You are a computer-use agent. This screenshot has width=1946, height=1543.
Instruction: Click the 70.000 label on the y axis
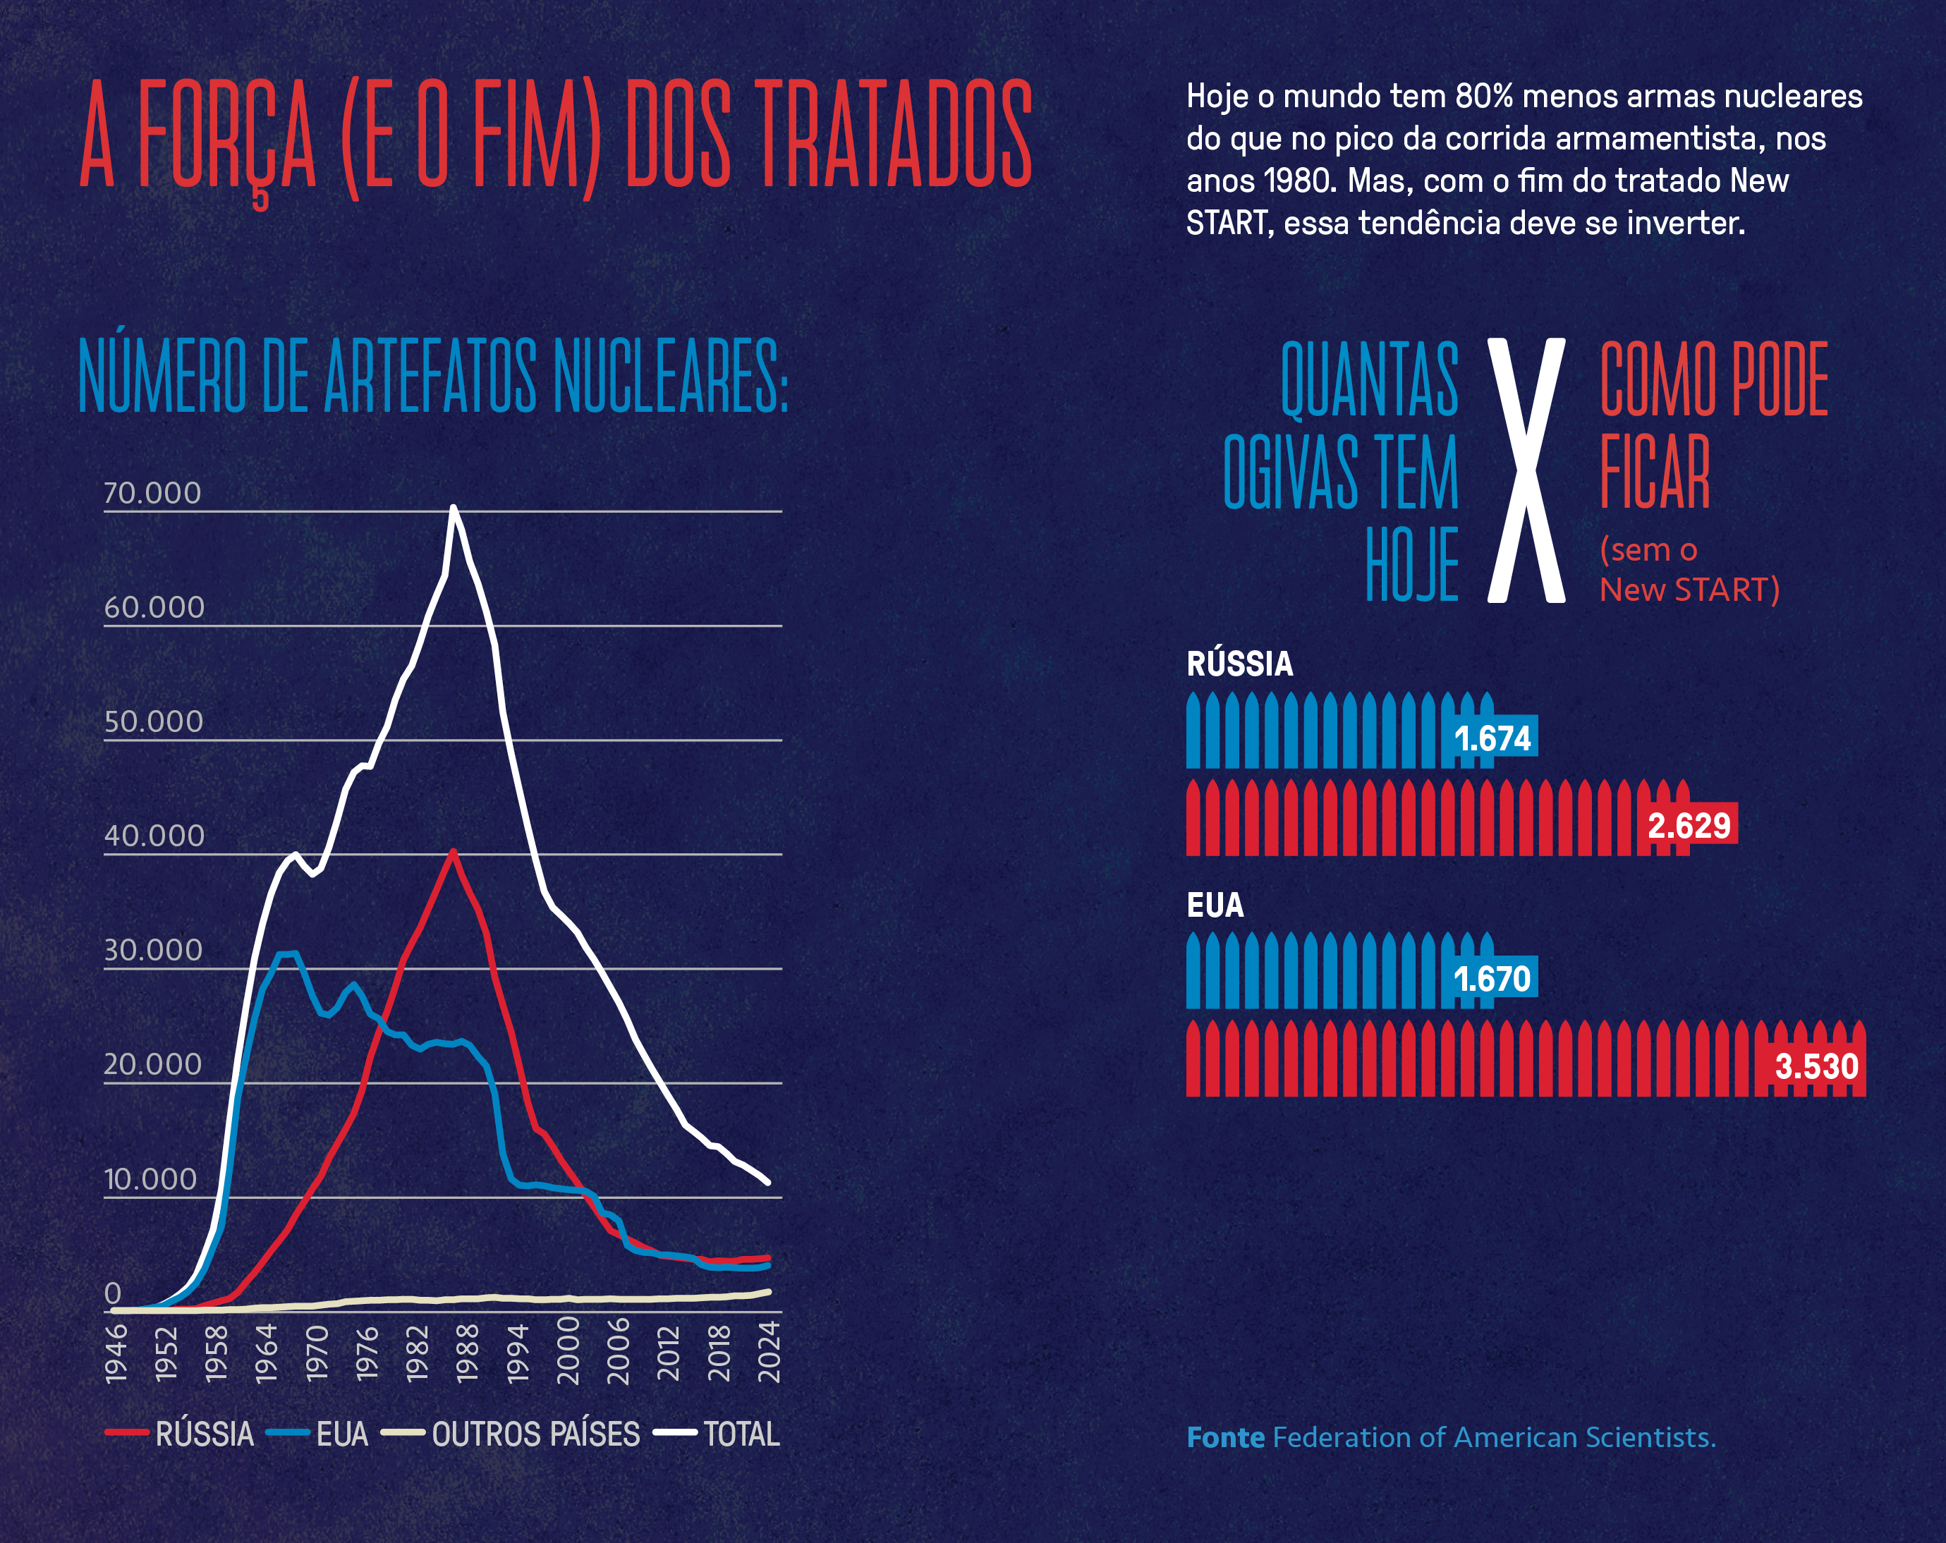(152, 493)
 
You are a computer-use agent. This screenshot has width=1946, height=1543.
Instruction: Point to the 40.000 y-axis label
(154, 836)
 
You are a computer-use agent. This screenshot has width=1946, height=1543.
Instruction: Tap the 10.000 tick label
(150, 1178)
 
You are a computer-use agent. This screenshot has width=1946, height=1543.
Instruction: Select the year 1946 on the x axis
(116, 1353)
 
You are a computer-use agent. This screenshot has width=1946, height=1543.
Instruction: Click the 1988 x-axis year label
(468, 1353)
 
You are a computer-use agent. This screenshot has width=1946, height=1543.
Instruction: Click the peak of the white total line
(453, 508)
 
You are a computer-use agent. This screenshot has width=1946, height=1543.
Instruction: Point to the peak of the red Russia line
(453, 851)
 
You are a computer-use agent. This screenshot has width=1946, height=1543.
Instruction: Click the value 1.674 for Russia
(1492, 739)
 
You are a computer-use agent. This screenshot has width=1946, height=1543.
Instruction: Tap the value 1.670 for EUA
(1492, 979)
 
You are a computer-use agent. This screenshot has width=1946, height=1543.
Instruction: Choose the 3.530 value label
(1816, 1066)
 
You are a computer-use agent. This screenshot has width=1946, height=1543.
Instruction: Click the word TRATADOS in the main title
(893, 135)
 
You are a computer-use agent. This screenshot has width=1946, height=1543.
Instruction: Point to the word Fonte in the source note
(1225, 1437)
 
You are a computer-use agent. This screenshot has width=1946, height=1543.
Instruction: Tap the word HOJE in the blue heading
(1411, 566)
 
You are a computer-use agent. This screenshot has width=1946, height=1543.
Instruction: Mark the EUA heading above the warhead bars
(1215, 905)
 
